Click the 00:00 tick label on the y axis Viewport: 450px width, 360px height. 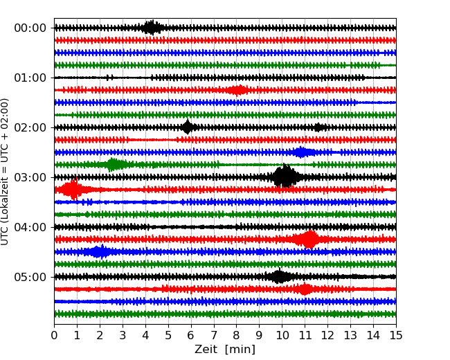[30, 28]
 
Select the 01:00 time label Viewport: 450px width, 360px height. [30, 78]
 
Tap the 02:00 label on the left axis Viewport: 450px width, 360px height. [30, 127]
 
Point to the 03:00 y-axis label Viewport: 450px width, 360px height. [30, 177]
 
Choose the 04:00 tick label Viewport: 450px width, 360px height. [30, 227]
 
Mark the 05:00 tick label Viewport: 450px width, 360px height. [30, 277]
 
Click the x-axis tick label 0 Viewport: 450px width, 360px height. [54, 336]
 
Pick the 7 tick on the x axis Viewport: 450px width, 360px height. [214, 336]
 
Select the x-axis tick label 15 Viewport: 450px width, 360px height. [396, 336]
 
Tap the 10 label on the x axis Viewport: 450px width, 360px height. [282, 336]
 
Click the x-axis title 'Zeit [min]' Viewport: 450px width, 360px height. [225, 350]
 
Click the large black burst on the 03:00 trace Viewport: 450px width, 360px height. [284, 177]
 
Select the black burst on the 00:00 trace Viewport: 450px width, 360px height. [152, 28]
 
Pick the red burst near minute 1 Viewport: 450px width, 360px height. [73, 189]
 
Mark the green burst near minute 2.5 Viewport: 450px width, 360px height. [114, 165]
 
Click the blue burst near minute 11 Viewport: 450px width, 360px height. [300, 152]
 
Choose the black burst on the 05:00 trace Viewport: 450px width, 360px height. [279, 277]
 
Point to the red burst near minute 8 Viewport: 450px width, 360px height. [237, 90]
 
